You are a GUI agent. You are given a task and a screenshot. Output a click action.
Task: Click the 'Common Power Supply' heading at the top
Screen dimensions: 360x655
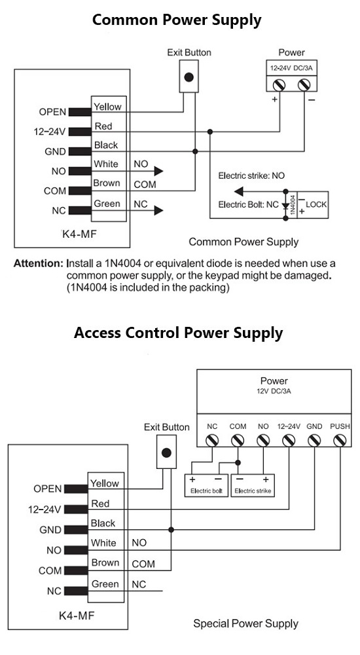(x=177, y=20)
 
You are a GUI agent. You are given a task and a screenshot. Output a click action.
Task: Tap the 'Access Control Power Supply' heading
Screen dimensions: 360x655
(x=178, y=333)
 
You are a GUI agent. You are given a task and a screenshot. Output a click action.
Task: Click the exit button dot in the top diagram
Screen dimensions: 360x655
(x=189, y=77)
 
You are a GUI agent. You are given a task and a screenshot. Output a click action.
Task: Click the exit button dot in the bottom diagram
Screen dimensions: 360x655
(x=166, y=453)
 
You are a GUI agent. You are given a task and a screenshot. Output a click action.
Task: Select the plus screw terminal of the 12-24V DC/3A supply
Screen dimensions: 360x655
(x=279, y=84)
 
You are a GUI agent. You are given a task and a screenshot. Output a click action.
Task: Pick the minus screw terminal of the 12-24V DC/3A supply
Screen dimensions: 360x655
(x=304, y=84)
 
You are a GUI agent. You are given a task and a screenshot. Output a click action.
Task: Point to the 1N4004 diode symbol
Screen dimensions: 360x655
(x=285, y=206)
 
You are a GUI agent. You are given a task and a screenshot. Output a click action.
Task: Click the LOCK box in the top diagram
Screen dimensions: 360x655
(x=312, y=204)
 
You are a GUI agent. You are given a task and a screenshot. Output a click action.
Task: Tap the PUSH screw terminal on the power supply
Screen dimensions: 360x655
(x=340, y=440)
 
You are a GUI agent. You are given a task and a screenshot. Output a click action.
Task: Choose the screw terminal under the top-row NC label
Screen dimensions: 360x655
(x=212, y=440)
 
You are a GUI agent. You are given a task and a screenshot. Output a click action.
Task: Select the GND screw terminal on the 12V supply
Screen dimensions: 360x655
(x=314, y=440)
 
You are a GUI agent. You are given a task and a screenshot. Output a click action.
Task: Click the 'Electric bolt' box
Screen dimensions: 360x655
(x=206, y=485)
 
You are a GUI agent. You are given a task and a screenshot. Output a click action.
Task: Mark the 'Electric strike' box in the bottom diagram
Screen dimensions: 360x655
(x=253, y=485)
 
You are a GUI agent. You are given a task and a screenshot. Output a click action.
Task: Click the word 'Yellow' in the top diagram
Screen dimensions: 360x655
(x=107, y=107)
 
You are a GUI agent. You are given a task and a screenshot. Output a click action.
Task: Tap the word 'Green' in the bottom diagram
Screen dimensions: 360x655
(x=105, y=584)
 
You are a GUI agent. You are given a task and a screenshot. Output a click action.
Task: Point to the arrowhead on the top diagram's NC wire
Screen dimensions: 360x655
(x=158, y=210)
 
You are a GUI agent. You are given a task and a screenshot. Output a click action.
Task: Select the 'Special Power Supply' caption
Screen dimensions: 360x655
(x=245, y=624)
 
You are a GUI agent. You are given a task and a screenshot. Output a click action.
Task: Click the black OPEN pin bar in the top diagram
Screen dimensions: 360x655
(x=81, y=112)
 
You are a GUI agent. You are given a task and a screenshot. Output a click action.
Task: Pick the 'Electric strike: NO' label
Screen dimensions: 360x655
(x=251, y=176)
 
